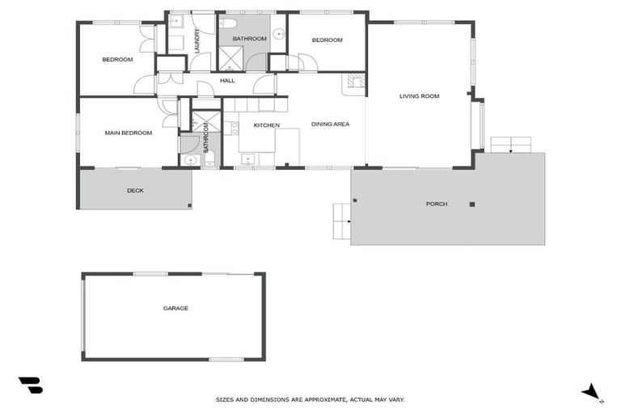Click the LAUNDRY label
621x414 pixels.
(x=196, y=40)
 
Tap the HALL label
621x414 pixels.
(x=227, y=81)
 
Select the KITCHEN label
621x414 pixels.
(x=266, y=125)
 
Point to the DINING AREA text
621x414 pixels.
(x=330, y=124)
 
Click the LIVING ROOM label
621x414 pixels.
(x=419, y=96)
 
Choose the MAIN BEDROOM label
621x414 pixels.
(x=129, y=133)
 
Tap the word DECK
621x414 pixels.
(x=135, y=191)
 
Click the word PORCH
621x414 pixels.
(x=437, y=204)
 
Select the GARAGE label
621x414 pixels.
(x=175, y=308)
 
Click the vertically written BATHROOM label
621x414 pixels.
(x=206, y=138)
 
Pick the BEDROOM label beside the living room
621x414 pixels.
(x=327, y=40)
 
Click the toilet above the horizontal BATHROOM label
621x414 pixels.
(x=230, y=23)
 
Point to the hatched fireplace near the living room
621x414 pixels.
(x=353, y=80)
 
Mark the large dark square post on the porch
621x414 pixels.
(x=472, y=205)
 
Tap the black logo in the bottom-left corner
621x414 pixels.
(x=30, y=385)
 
